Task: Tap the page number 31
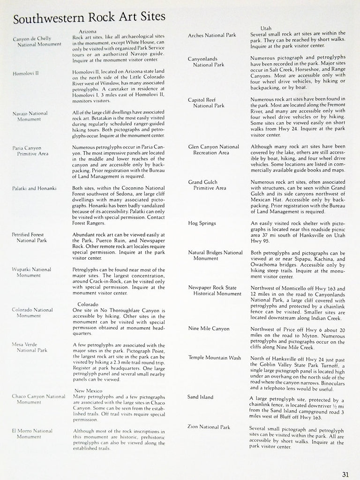(x=345, y=473)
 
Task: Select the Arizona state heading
(x=88, y=31)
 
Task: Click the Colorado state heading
(x=88, y=304)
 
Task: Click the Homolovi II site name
(x=26, y=73)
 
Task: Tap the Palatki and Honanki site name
(x=34, y=188)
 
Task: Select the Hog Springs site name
(x=202, y=223)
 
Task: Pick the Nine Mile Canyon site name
(x=209, y=328)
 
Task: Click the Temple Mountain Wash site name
(x=214, y=358)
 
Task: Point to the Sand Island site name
(x=200, y=397)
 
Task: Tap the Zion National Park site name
(x=209, y=427)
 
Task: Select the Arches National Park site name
(x=212, y=35)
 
